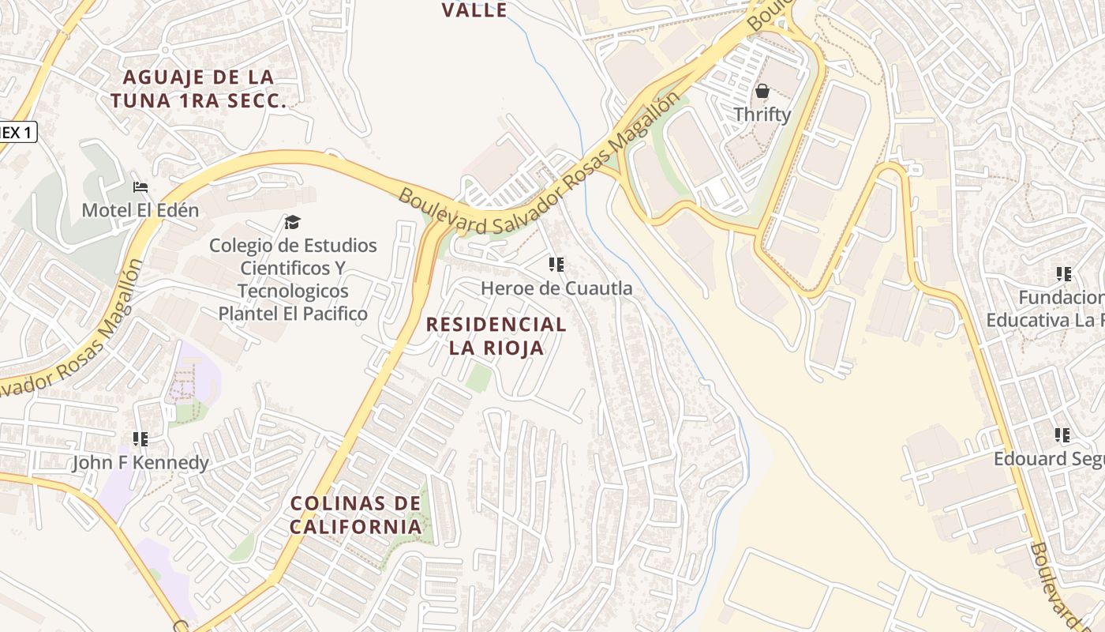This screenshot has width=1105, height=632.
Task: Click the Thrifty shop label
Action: click(x=762, y=115)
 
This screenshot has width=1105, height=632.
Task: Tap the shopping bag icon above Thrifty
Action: click(x=762, y=92)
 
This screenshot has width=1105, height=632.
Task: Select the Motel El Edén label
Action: click(x=140, y=210)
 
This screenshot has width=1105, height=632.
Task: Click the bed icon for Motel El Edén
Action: click(x=140, y=188)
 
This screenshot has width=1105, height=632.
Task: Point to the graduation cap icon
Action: click(x=293, y=223)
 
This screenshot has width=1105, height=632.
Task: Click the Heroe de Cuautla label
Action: click(x=556, y=288)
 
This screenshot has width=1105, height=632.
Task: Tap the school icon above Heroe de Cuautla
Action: click(x=556, y=265)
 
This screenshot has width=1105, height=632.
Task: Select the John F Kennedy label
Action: click(x=140, y=462)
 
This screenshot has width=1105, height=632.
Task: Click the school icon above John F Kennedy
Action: click(x=140, y=439)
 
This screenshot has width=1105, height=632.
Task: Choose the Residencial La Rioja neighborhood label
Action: click(x=496, y=336)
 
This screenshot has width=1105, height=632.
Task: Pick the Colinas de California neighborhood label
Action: click(x=355, y=514)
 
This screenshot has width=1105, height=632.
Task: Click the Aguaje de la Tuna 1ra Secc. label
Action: click(x=197, y=88)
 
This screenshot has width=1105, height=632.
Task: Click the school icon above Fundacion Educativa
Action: click(x=1063, y=275)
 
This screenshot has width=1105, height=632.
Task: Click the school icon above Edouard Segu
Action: click(x=1063, y=435)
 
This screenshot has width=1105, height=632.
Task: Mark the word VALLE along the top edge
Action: click(x=474, y=10)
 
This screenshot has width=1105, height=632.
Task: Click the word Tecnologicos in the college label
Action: click(x=293, y=291)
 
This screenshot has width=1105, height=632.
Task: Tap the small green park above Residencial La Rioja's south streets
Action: click(x=478, y=377)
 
